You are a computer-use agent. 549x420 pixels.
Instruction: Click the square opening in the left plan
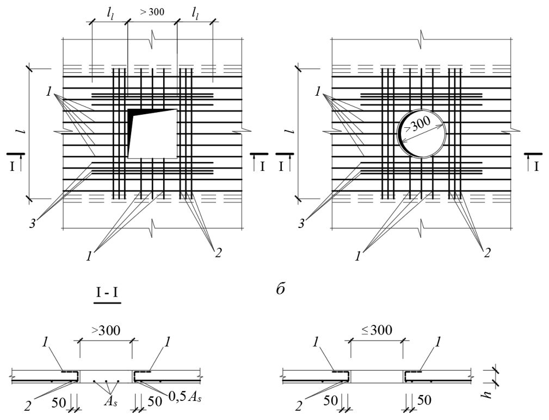152,134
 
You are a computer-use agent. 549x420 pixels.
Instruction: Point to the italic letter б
280,289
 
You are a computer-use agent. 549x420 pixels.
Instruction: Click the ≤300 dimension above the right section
377,330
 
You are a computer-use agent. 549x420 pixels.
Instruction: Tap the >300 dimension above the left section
106,330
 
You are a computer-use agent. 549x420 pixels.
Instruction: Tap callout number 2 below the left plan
218,252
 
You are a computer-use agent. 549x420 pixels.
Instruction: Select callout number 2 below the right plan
487,252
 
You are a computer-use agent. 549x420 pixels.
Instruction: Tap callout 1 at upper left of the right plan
318,92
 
